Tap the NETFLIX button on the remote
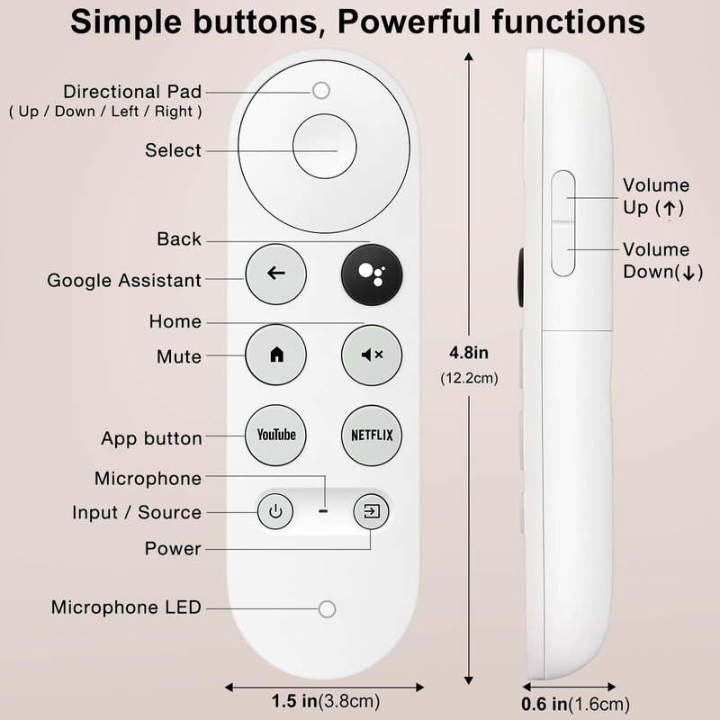[372, 435]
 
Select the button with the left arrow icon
[276, 273]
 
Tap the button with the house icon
[276, 354]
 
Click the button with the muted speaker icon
[372, 354]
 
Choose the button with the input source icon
[371, 513]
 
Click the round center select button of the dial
[324, 149]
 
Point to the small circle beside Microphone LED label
[326, 608]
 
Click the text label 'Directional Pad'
[132, 92]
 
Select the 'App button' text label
[151, 439]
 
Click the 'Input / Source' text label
[137, 512]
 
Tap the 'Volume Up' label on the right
[655, 196]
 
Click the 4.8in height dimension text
[467, 351]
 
